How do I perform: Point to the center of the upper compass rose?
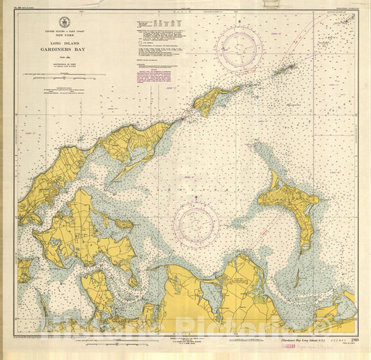pos(239,48)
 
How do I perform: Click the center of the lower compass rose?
pos(196,224)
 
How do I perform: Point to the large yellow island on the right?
pos(289,202)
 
